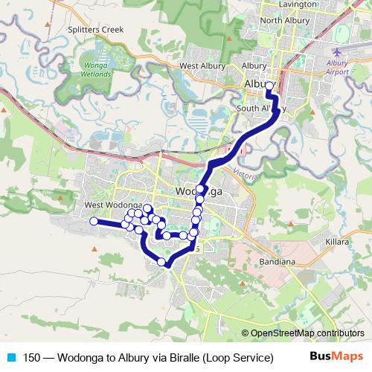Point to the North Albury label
(284, 20)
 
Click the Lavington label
(281, 4)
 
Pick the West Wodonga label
(112, 205)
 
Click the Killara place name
(337, 243)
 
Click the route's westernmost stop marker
(94, 221)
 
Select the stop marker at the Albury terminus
(269, 86)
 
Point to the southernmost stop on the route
(161, 261)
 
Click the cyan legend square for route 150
(10, 357)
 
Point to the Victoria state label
(245, 174)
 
